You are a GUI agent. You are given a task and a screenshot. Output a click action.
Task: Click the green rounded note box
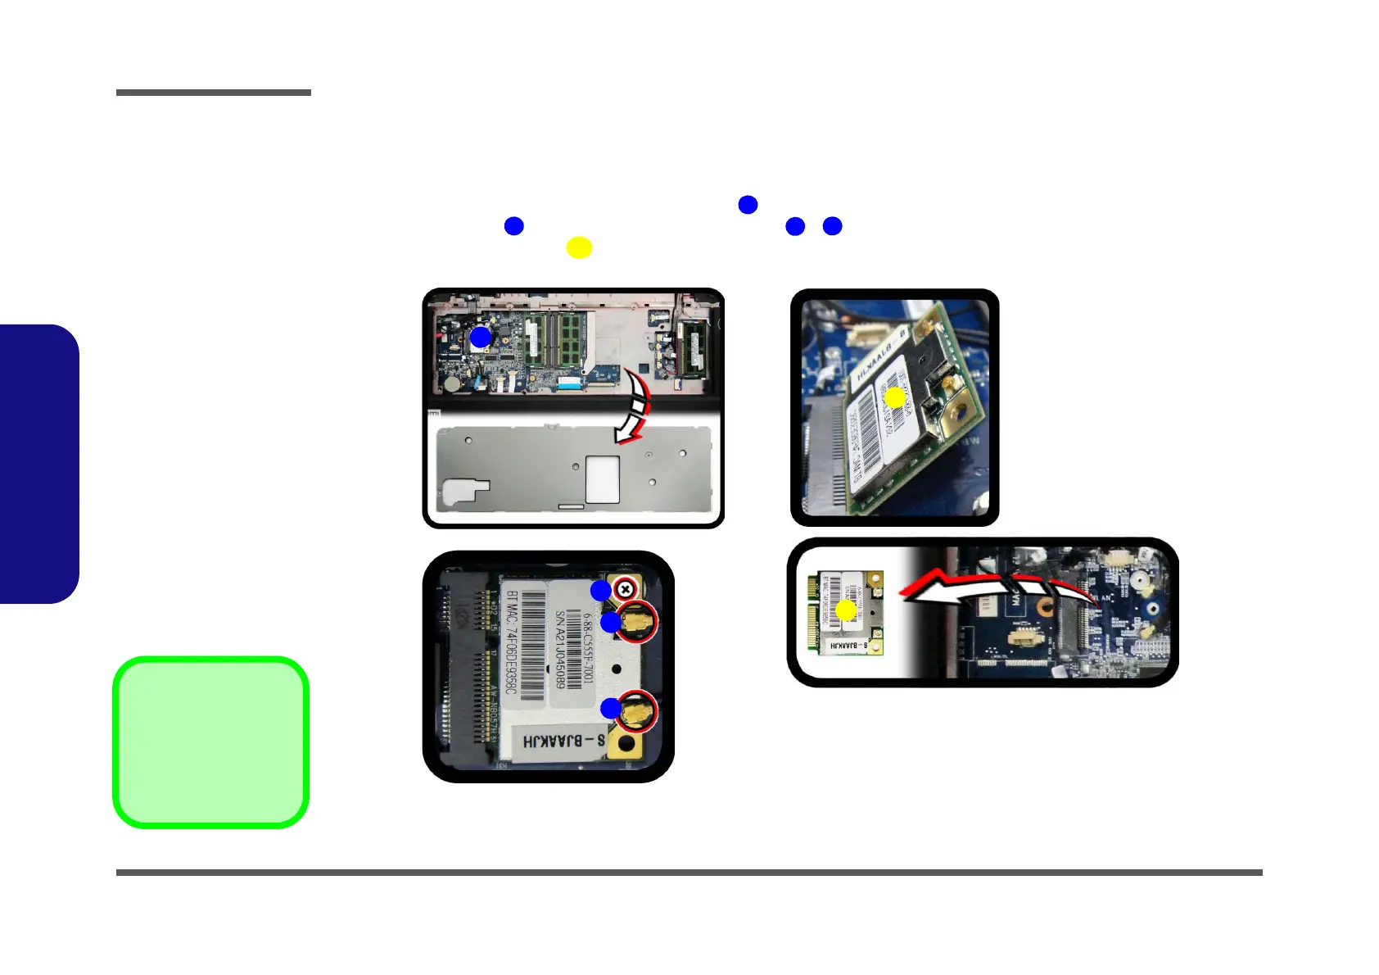pyautogui.click(x=210, y=742)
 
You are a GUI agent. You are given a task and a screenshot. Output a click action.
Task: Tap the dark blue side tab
pyautogui.click(x=38, y=464)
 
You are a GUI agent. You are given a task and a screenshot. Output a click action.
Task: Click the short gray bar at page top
pyautogui.click(x=213, y=93)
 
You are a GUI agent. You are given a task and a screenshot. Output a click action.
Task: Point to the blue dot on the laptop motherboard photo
pyautogui.click(x=481, y=337)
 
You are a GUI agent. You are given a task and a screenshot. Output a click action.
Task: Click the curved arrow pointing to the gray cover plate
pyautogui.click(x=635, y=406)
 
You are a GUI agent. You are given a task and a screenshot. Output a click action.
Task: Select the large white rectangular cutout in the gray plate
pyautogui.click(x=603, y=479)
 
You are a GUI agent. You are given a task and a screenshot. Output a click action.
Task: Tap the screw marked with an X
pyautogui.click(x=626, y=589)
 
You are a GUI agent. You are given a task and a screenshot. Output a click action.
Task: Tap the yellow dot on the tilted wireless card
pyautogui.click(x=895, y=398)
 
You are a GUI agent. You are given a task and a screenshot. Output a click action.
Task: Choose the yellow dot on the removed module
pyautogui.click(x=846, y=610)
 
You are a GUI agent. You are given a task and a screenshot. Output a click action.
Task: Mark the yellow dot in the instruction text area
pyautogui.click(x=579, y=247)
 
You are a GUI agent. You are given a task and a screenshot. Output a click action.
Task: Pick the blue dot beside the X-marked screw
pyautogui.click(x=601, y=590)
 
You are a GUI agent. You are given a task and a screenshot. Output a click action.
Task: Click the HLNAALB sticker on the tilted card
pyautogui.click(x=879, y=357)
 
